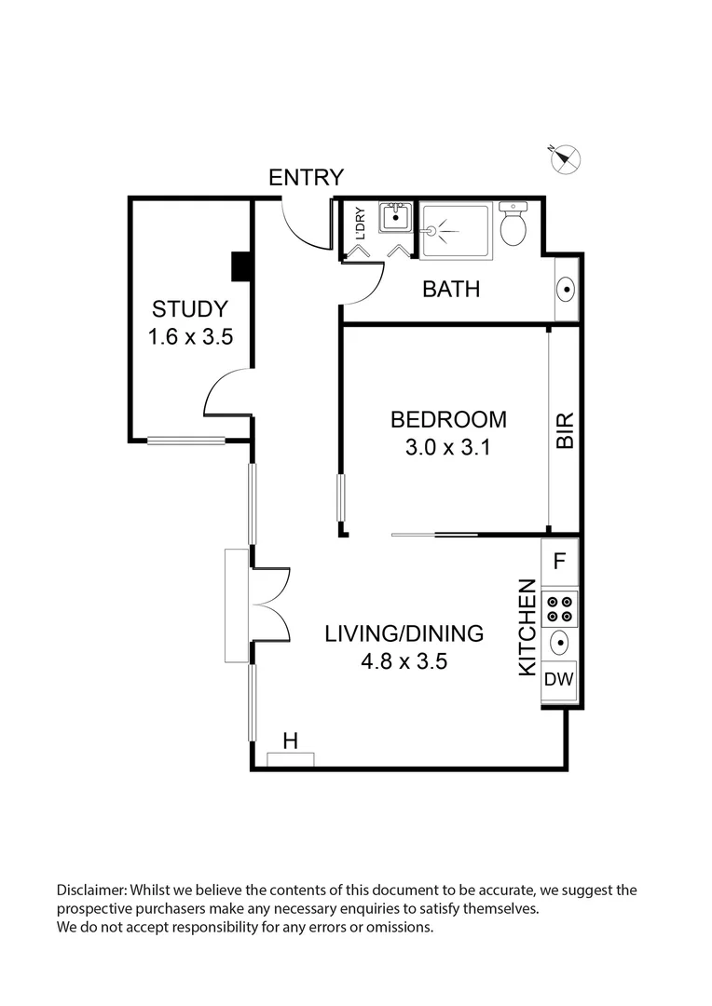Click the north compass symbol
pyautogui.click(x=564, y=159)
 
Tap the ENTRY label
pyautogui.click(x=306, y=177)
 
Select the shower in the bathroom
pyautogui.click(x=454, y=230)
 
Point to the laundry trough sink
pyautogui.click(x=393, y=219)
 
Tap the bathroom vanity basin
pyautogui.click(x=565, y=290)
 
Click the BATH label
pyautogui.click(x=451, y=289)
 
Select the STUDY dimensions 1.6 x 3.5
pyautogui.click(x=189, y=337)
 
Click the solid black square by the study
pyautogui.click(x=241, y=266)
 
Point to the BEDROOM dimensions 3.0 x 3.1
pyautogui.click(x=448, y=447)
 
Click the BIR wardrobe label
pyautogui.click(x=565, y=431)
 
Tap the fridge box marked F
pyautogui.click(x=560, y=561)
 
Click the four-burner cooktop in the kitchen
pyautogui.click(x=560, y=608)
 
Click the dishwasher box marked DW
pyautogui.click(x=559, y=679)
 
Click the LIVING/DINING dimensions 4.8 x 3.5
pyautogui.click(x=404, y=663)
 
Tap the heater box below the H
pyautogui.click(x=291, y=760)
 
